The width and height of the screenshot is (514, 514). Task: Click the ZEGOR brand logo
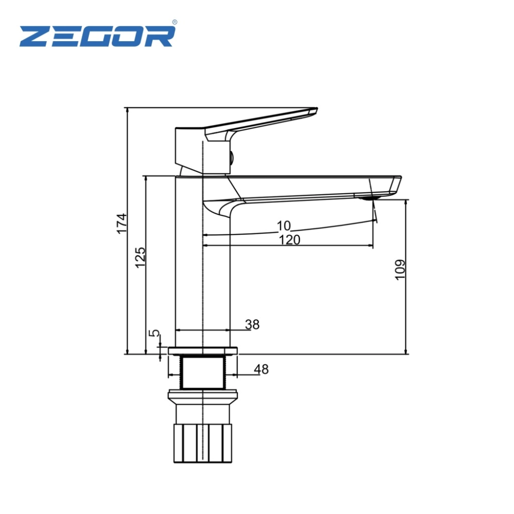point(97,35)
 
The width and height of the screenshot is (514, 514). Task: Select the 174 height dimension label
point(122,224)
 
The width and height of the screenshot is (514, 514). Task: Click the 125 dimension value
point(140,258)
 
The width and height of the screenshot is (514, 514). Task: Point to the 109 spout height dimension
point(400,270)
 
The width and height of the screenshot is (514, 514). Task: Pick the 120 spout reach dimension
point(289,240)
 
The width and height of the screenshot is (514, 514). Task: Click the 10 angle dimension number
point(284,226)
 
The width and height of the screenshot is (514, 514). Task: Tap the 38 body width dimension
point(252,324)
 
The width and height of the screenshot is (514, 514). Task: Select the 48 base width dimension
point(261,369)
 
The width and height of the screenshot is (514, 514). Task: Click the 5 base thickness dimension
point(154,333)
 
